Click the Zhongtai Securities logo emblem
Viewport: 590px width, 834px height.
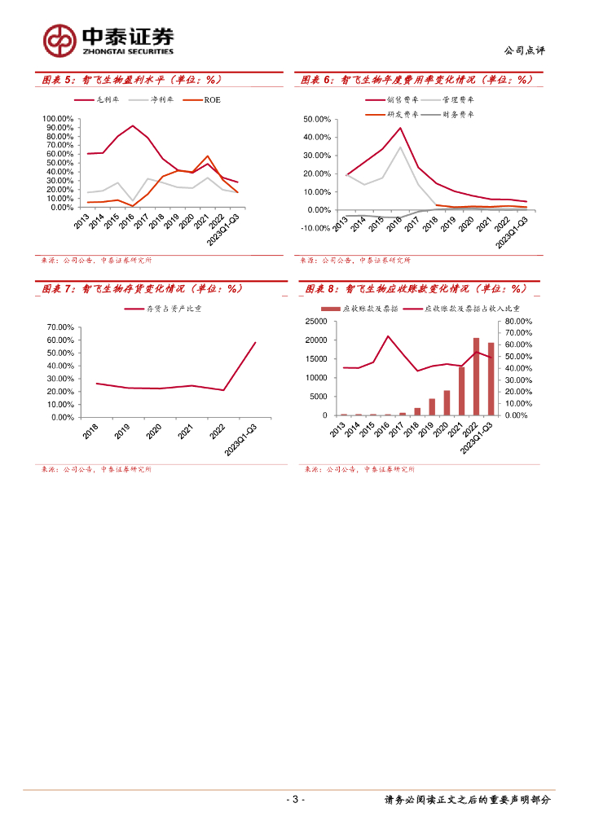pyautogui.click(x=59, y=40)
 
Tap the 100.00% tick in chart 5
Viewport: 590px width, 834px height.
pyautogui.click(x=58, y=119)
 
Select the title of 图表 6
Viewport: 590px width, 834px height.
pyautogui.click(x=416, y=80)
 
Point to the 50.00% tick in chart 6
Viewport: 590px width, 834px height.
pyautogui.click(x=316, y=119)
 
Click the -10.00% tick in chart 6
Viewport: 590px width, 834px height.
pyautogui.click(x=315, y=228)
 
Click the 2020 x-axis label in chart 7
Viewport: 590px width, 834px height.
pyautogui.click(x=154, y=432)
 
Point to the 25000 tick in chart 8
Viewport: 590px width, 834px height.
pyautogui.click(x=317, y=322)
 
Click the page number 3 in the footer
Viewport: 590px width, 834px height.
pyautogui.click(x=296, y=799)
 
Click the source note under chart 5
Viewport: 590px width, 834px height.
pyautogui.click(x=96, y=261)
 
